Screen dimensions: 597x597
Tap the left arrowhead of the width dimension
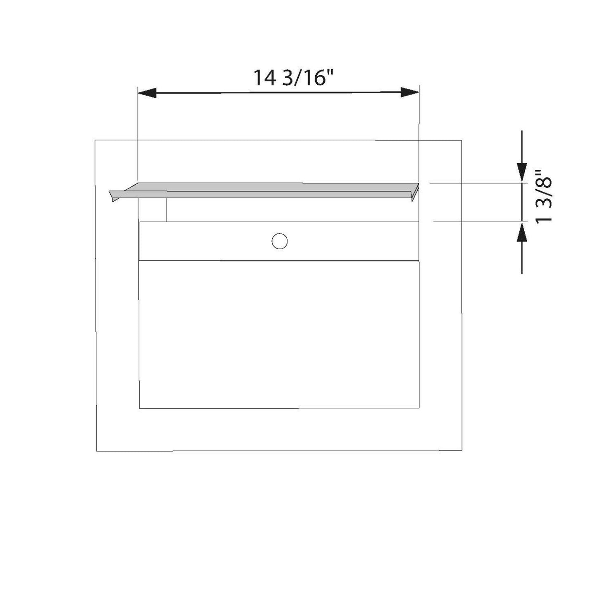click(x=147, y=93)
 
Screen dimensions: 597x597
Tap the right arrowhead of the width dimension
click(x=409, y=92)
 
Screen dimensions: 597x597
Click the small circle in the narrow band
click(x=279, y=241)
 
